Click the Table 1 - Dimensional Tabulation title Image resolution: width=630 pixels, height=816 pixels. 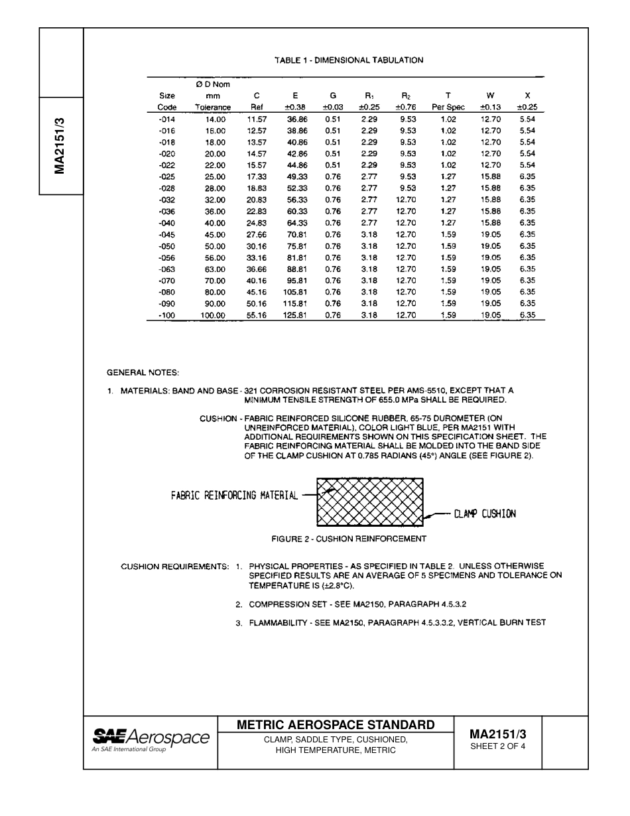348,60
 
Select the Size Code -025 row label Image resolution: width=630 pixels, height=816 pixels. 166,176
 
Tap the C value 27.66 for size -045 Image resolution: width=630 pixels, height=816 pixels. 257,234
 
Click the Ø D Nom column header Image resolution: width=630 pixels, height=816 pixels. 212,84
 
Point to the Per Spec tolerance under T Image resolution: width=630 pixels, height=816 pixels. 448,107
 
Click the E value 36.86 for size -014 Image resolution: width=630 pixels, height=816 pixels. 296,119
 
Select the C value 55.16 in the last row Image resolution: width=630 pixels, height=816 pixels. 257,315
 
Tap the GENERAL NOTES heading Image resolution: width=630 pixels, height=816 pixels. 143,372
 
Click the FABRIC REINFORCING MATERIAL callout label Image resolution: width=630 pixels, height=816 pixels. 234,494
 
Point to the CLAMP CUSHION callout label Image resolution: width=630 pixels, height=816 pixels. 485,513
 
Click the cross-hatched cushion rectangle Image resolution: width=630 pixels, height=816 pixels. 370,502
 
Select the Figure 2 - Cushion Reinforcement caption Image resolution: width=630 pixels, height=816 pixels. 349,539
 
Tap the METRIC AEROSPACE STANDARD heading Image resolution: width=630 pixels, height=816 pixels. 336,724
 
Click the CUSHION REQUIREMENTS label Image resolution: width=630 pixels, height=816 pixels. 174,567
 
